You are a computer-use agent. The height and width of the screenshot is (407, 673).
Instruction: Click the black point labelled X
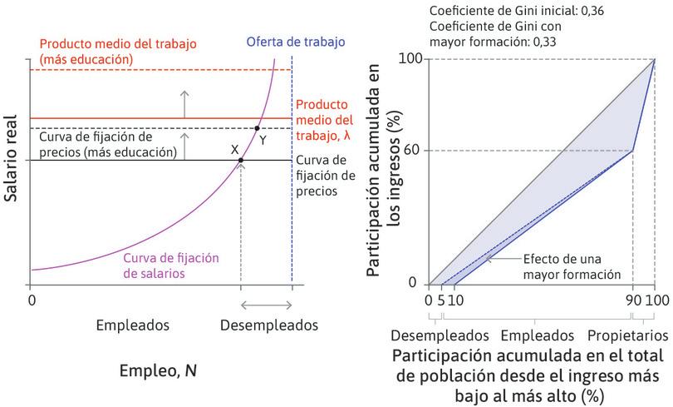pos(241,160)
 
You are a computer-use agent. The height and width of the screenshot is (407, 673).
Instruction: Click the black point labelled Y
pos(256,128)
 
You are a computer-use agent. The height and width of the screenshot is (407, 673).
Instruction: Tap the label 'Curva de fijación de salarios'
pos(165,264)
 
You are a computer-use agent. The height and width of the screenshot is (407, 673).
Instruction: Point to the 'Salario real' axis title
pos(12,159)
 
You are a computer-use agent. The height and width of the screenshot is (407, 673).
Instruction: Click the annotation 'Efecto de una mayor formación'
pos(572,266)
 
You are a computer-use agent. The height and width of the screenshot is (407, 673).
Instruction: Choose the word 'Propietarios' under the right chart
pos(628,335)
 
